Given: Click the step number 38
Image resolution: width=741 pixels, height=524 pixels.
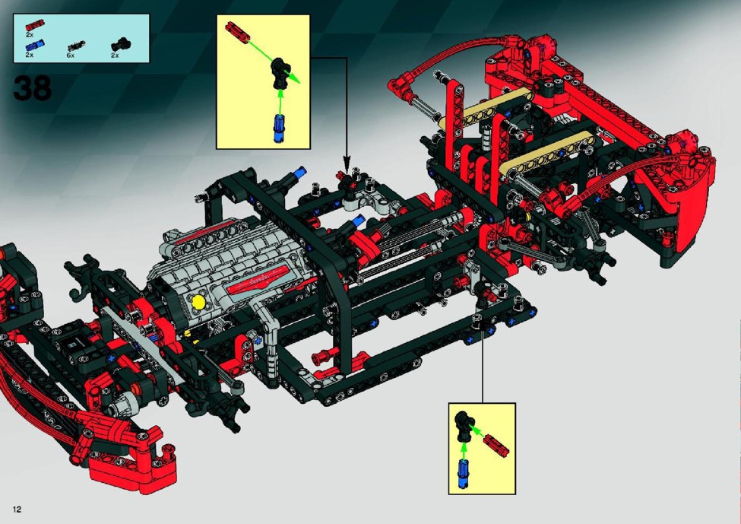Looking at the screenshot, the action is click(32, 88).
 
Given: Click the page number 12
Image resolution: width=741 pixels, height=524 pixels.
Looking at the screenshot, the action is click(17, 510).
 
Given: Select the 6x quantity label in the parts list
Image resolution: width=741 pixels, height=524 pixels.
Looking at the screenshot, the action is click(71, 56).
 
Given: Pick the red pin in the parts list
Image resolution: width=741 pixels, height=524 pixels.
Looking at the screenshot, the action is click(35, 24).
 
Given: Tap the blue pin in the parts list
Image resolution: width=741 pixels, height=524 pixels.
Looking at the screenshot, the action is click(35, 46).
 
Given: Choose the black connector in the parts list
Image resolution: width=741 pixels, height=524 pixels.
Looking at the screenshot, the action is click(121, 44).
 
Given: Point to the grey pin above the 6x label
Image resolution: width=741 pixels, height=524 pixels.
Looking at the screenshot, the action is click(77, 46).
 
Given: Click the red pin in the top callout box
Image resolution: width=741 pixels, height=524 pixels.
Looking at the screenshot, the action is click(237, 32).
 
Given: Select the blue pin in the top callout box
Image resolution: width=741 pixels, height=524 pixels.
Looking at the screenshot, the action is click(279, 129).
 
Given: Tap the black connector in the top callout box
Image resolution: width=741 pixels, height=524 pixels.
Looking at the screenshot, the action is click(279, 74).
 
